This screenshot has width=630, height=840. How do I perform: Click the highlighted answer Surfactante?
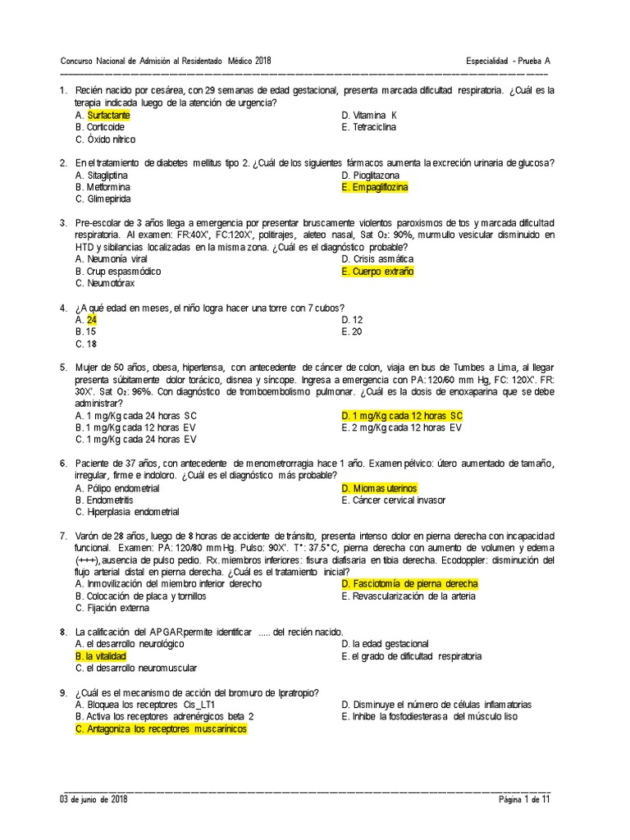click(x=108, y=116)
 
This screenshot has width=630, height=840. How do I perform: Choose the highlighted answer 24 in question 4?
click(x=92, y=320)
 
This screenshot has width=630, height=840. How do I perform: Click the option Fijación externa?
click(x=117, y=608)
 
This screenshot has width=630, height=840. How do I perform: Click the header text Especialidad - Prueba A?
click(x=508, y=62)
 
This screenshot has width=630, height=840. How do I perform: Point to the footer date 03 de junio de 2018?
click(x=94, y=799)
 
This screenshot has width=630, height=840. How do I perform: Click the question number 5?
click(x=63, y=367)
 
